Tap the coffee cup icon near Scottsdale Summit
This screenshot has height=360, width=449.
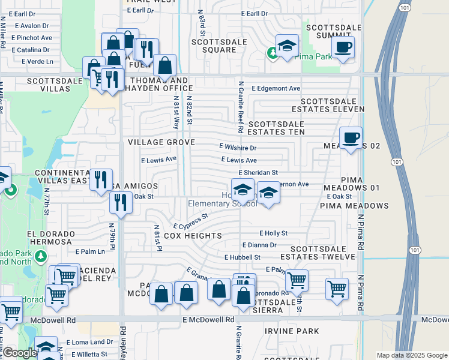[343, 47]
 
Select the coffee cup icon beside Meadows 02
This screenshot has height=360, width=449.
[351, 138]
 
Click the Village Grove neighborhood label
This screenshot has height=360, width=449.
[161, 142]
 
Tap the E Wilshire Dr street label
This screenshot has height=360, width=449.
[238, 147]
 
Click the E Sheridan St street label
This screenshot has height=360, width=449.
[258, 172]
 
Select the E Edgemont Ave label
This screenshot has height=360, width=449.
[276, 88]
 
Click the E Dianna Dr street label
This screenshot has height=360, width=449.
[259, 245]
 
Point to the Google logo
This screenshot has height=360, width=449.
[20, 353]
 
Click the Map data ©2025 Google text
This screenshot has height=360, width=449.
[411, 355]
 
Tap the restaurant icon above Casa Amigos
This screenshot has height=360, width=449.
[101, 179]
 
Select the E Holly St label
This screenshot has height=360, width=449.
[273, 233]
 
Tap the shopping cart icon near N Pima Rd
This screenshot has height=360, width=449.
[337, 288]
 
